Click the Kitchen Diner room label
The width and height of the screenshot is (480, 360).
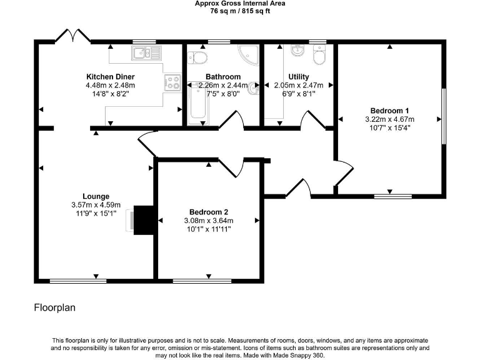[x=111, y=77]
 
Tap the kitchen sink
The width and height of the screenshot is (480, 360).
[x=146, y=54]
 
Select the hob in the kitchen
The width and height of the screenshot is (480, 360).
[x=172, y=81]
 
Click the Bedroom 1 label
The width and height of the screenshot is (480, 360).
[x=389, y=110]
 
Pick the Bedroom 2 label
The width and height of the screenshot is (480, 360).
[x=208, y=212]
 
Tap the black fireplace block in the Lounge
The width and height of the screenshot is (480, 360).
[x=144, y=220]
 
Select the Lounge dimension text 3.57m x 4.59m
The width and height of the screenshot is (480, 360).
[x=95, y=204]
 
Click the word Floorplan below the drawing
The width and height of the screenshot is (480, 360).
[x=54, y=308]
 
